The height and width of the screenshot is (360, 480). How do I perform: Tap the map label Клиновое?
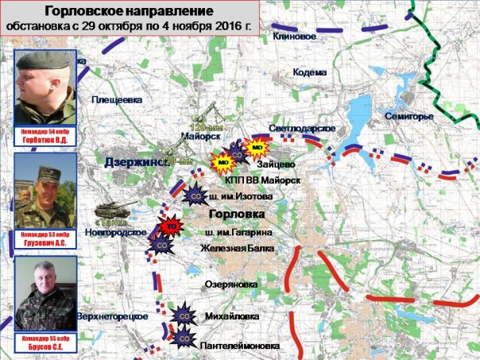294,37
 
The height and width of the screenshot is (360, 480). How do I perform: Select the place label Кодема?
310,72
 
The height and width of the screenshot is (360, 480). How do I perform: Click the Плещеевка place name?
117,99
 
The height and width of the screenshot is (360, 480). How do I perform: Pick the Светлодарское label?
302,129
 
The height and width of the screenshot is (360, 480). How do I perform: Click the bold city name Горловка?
236,215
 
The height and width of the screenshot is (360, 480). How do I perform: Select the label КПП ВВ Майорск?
262,180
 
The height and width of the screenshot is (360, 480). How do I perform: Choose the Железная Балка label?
236,249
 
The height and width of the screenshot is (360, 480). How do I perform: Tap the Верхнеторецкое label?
112,316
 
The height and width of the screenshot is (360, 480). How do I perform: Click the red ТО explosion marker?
168,227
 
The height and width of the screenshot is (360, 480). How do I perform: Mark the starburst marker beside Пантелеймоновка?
183,341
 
